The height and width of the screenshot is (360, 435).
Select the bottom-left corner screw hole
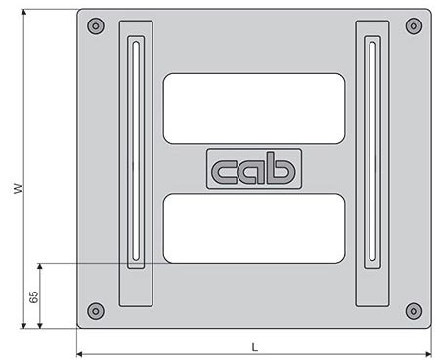94,311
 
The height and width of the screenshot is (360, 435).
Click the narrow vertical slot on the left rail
135,152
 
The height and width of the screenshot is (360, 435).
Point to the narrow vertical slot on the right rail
372,152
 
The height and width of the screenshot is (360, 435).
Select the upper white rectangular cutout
254,106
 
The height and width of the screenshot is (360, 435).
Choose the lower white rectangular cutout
254,228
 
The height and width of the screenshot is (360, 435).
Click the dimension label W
17,188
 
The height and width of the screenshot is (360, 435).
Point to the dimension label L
254,346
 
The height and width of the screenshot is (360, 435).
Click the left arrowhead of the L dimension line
81,353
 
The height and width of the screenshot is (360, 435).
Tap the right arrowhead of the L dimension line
426,353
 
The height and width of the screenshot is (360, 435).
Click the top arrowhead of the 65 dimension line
40,267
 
